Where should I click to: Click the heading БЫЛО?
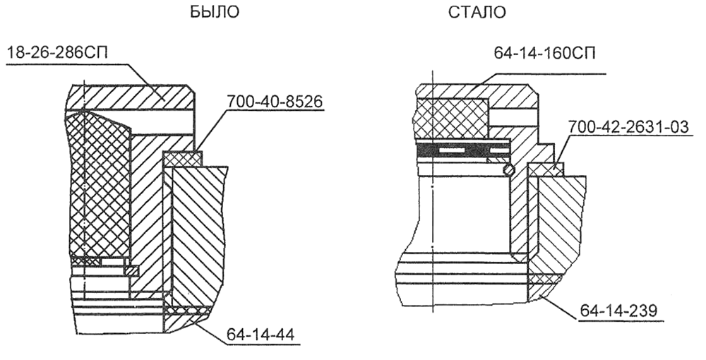215,12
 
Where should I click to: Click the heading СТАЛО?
477,12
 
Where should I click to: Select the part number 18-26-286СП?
58,54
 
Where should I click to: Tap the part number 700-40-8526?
275,102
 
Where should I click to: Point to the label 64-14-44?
261,335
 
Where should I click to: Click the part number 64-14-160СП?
545,53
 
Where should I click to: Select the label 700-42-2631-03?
628,127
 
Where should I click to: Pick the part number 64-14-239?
618,311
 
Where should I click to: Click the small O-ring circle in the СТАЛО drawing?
508,169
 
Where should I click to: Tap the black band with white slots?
462,150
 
